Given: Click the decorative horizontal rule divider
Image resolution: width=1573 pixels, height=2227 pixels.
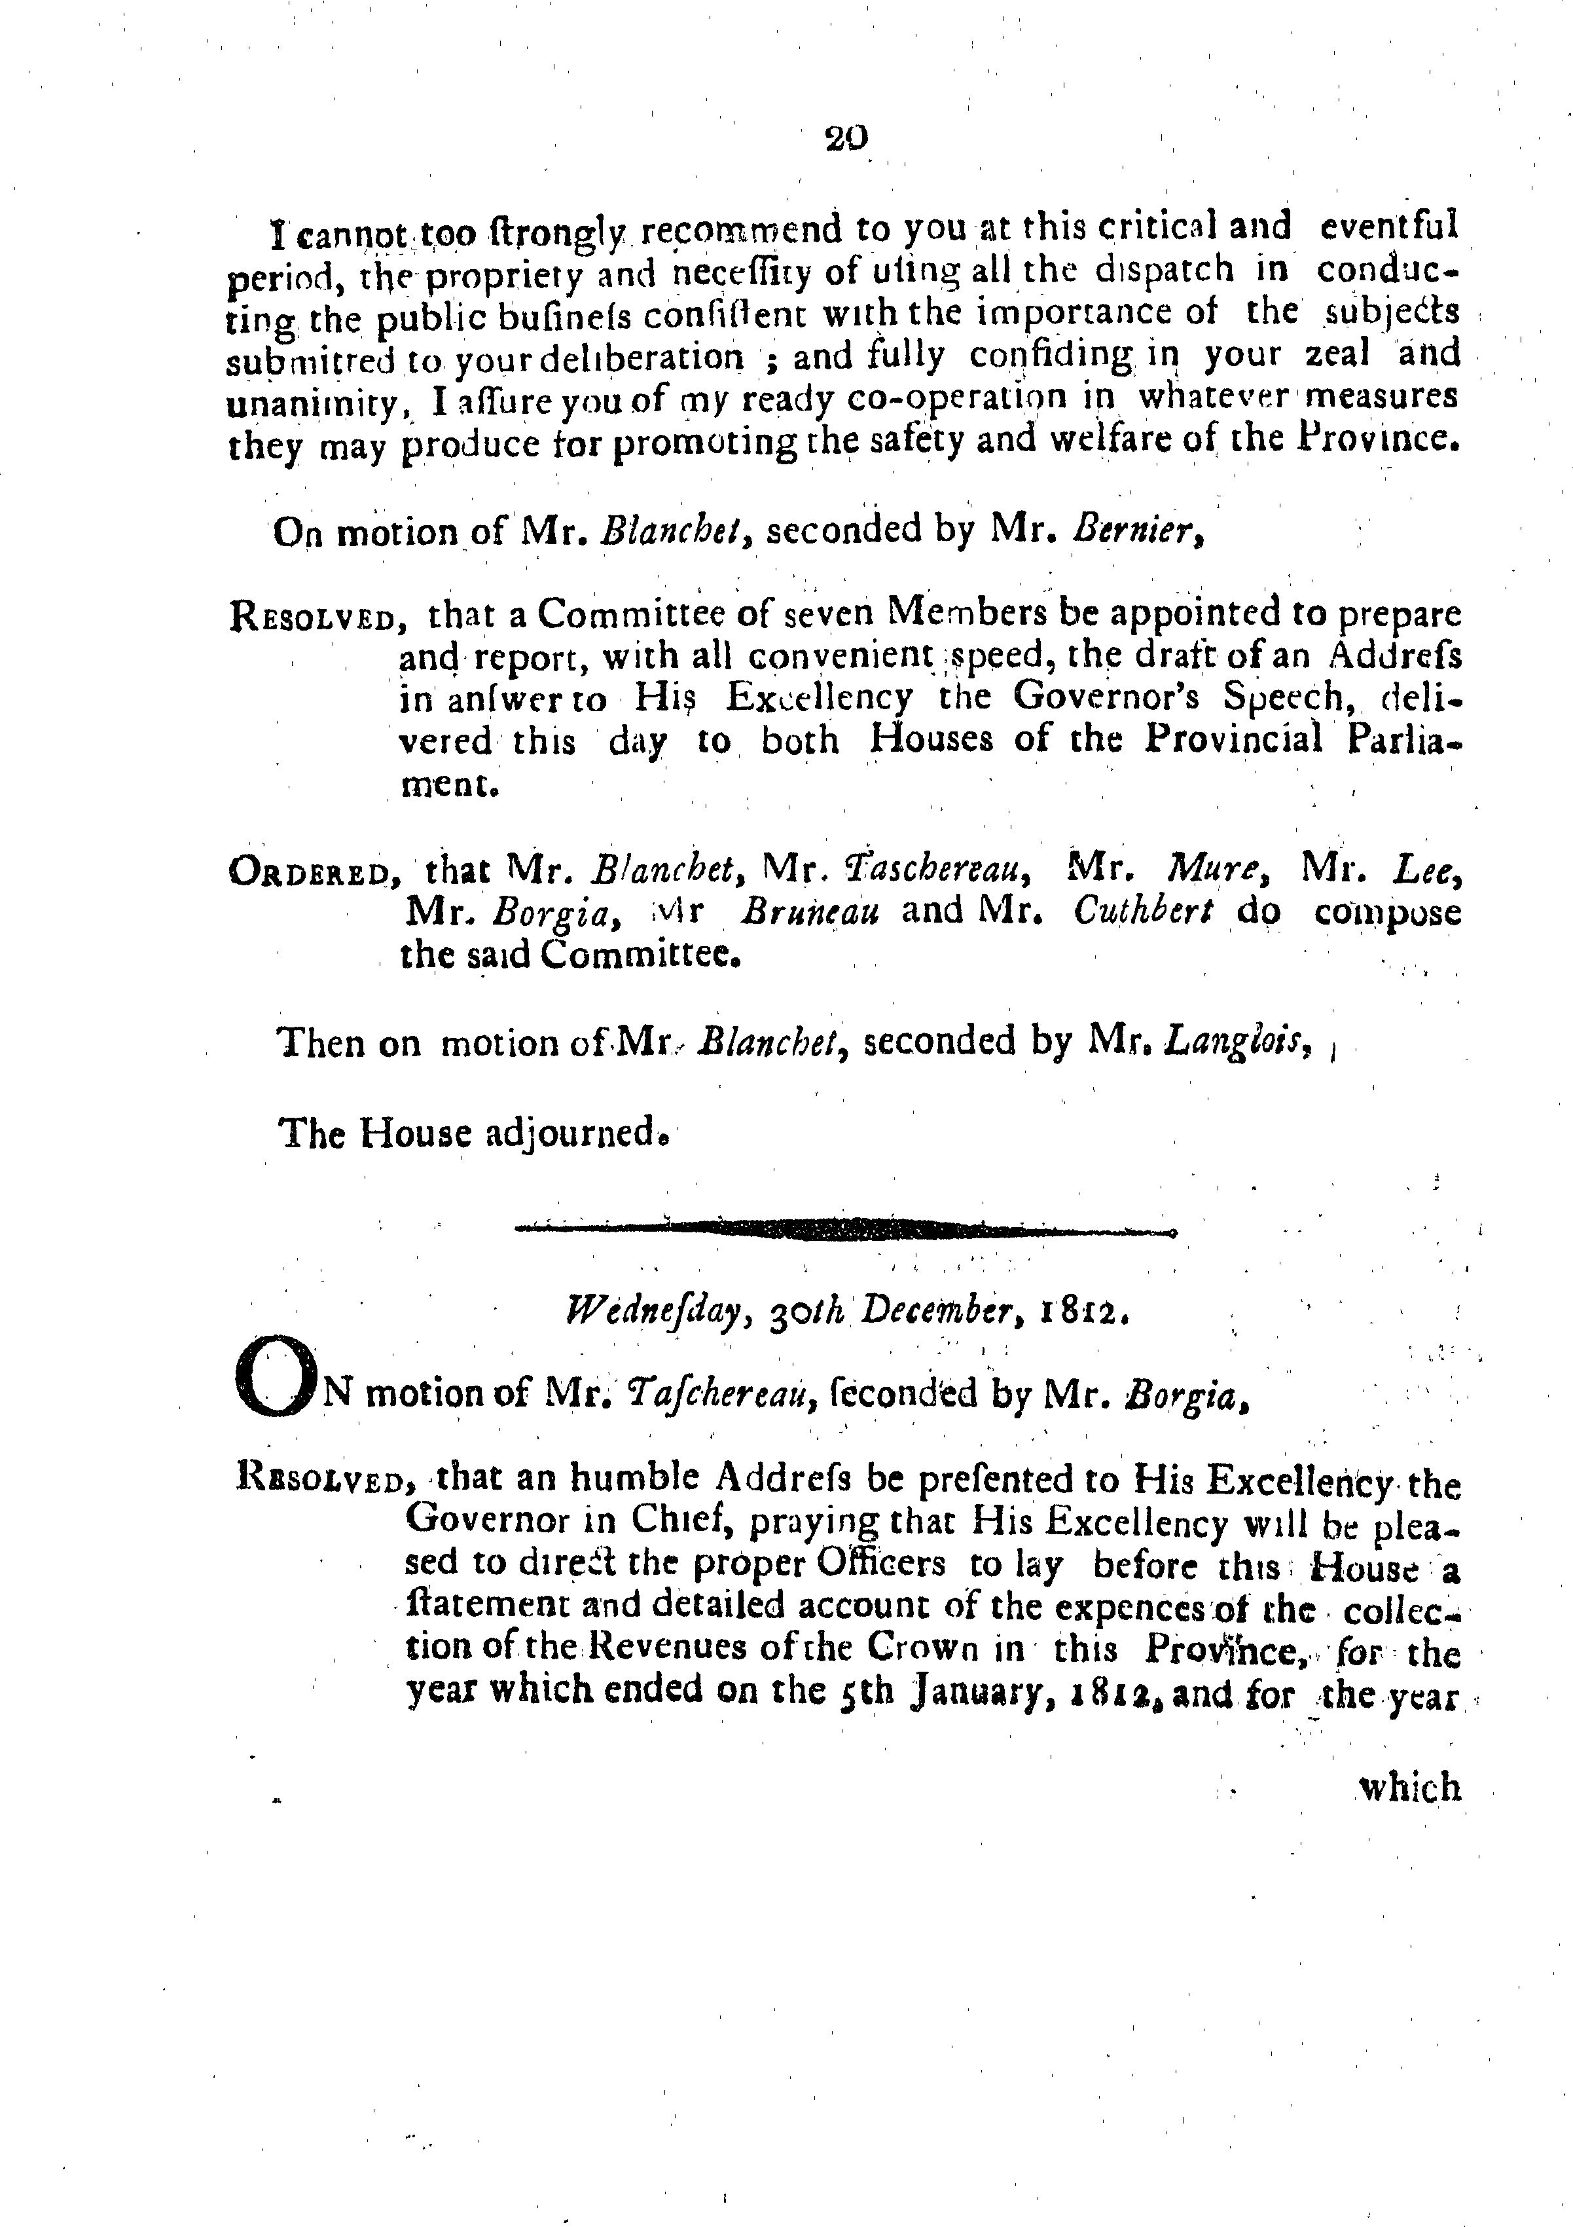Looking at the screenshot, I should click(x=844, y=1231).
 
